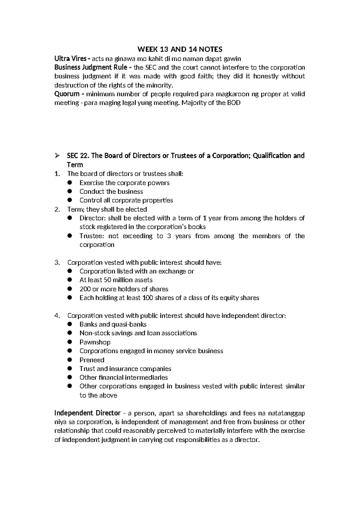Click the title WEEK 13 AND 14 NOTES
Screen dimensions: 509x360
tap(180, 49)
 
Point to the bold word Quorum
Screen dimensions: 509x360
tap(67, 94)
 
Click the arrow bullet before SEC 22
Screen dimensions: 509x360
tap(57, 156)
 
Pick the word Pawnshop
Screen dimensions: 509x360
tap(95, 342)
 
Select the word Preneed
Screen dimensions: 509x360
tap(92, 360)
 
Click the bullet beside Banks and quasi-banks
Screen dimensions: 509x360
tap(70, 324)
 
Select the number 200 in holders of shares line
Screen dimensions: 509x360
tap(85, 289)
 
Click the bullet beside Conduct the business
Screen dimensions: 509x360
tap(70, 191)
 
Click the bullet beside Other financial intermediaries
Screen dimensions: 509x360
tap(70, 377)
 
